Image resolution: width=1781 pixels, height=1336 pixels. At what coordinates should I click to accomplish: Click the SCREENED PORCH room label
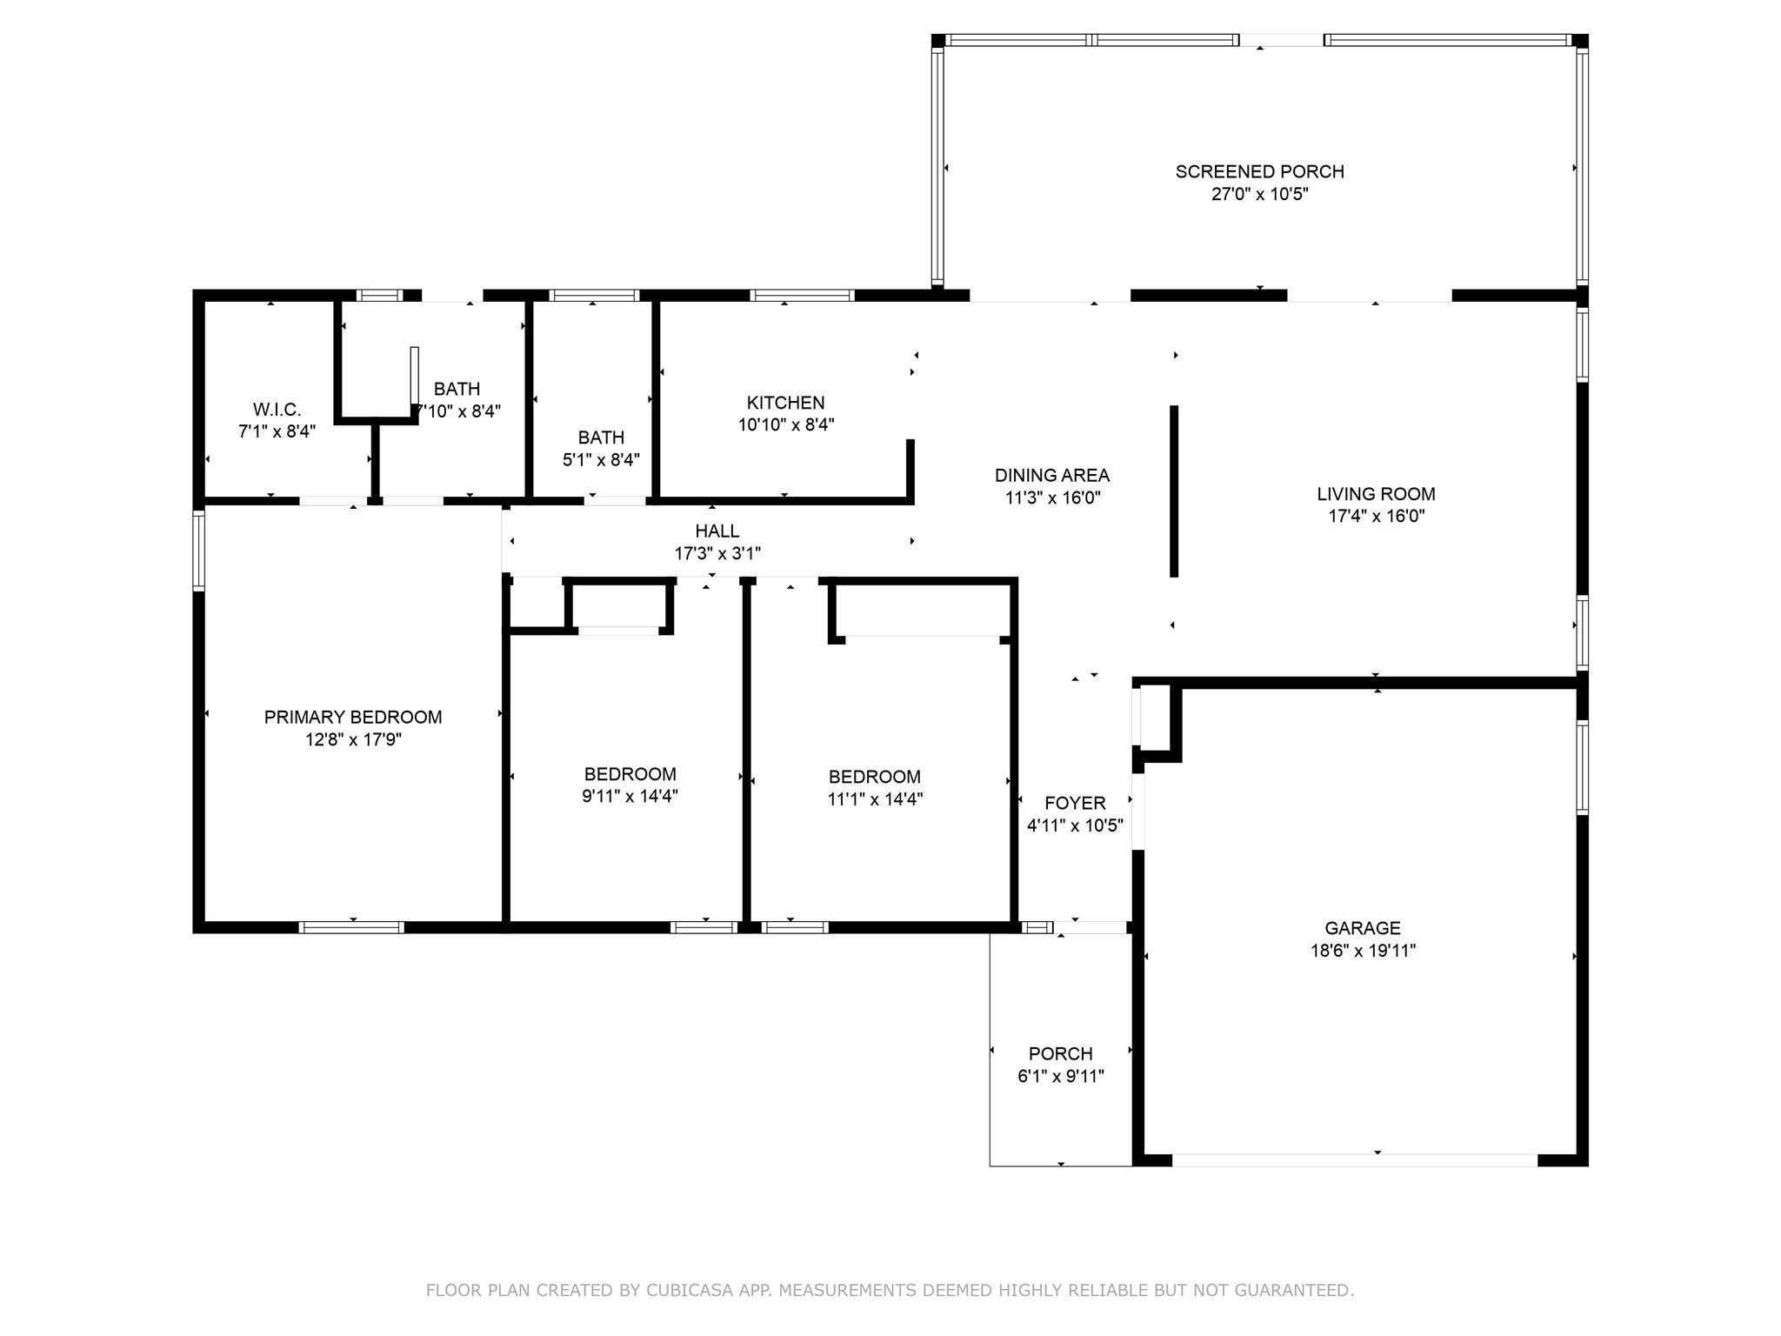click(1259, 172)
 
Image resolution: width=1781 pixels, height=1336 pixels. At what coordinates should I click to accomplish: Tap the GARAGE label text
click(1363, 928)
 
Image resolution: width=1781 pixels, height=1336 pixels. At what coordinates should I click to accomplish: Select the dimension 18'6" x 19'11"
click(1363, 951)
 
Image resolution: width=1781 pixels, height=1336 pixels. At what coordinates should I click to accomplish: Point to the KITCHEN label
click(785, 403)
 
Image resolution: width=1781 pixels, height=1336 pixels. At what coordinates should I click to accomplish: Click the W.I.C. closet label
click(277, 409)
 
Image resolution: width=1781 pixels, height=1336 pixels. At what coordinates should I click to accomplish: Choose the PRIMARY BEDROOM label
click(353, 717)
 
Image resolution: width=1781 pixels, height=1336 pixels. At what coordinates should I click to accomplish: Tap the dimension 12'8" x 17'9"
click(353, 739)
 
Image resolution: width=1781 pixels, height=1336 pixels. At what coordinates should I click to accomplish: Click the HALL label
click(717, 531)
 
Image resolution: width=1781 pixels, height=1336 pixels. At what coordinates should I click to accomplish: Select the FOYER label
click(1075, 803)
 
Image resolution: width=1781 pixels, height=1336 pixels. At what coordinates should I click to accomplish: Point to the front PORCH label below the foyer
click(1060, 1053)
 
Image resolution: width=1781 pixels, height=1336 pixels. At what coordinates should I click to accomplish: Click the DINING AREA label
click(1052, 475)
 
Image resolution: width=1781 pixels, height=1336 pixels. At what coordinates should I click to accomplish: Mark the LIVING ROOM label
click(1376, 494)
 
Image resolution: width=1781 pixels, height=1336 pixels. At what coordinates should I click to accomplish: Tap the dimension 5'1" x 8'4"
click(601, 459)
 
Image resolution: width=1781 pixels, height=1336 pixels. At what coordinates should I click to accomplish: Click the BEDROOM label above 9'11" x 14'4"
click(630, 774)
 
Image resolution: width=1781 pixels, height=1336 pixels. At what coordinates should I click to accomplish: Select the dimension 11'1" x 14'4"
click(875, 798)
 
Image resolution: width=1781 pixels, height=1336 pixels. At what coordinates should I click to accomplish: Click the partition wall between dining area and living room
click(1173, 491)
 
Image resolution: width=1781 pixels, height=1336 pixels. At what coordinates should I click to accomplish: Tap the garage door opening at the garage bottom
click(1355, 1160)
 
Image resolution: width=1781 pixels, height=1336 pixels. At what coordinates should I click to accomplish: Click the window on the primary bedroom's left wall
click(198, 551)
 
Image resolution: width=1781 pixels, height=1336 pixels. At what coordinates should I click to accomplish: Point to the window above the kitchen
click(802, 296)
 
